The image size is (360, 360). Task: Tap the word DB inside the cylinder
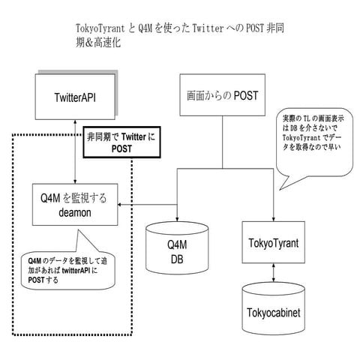point(174,259)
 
